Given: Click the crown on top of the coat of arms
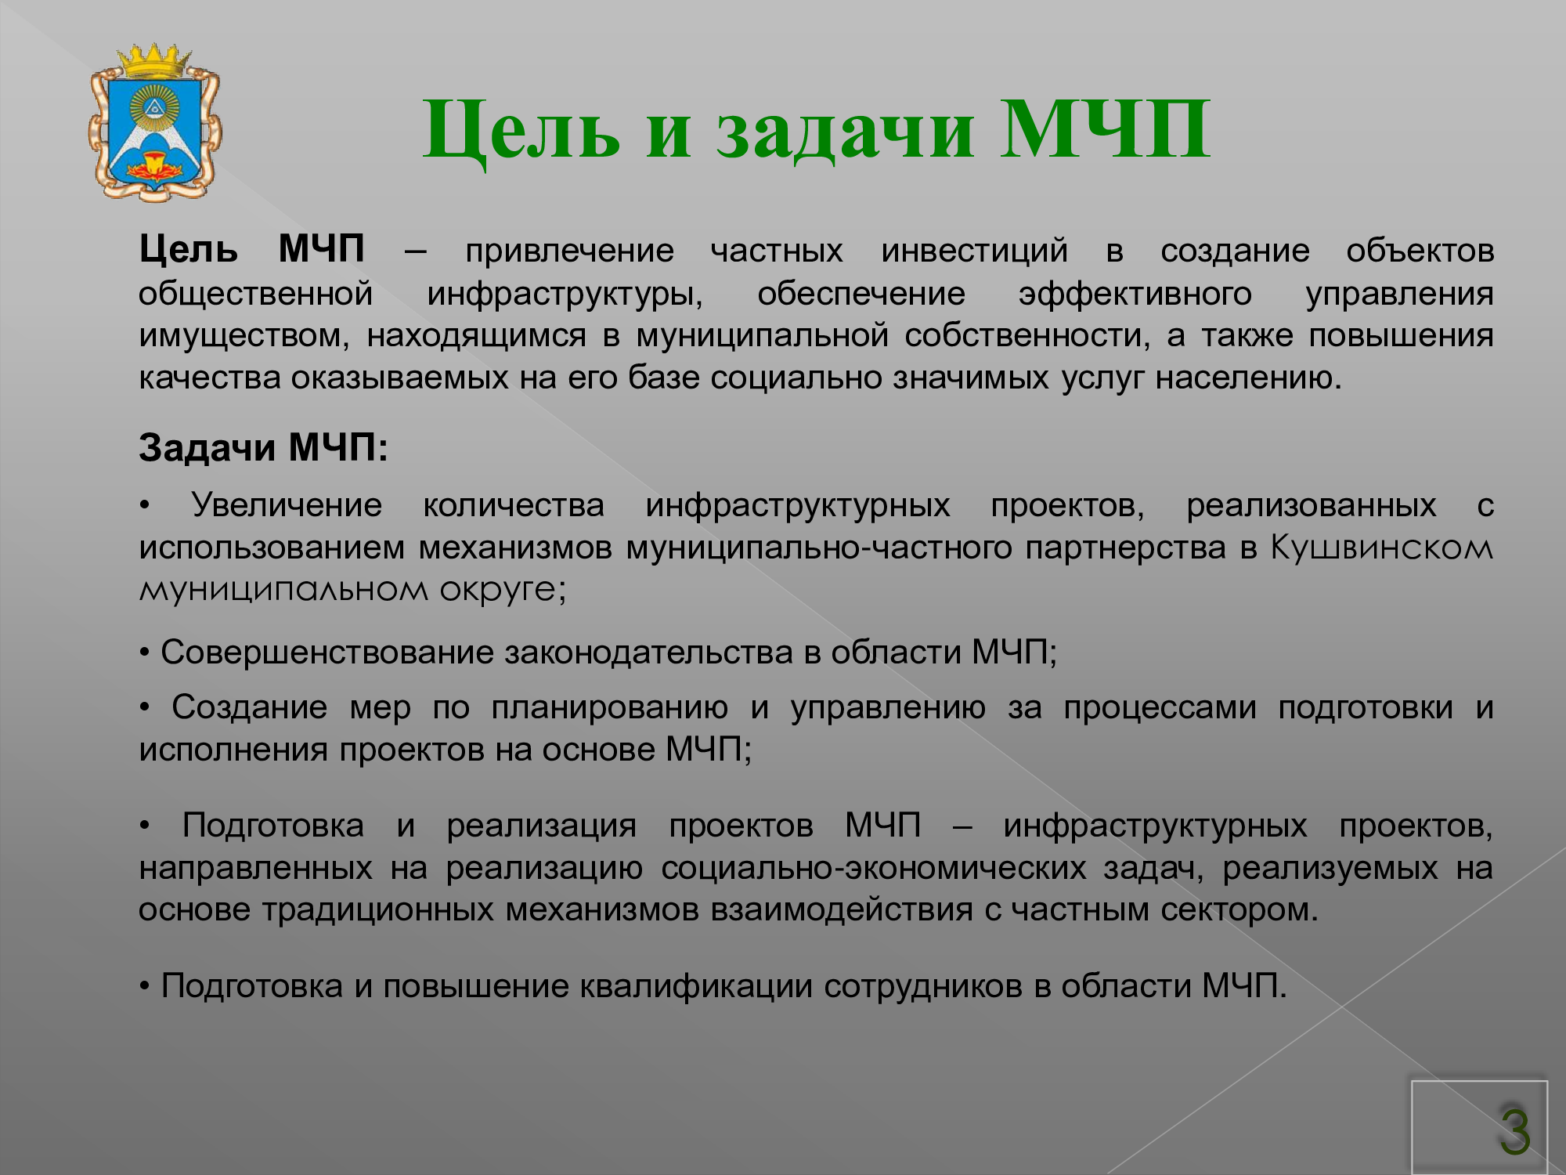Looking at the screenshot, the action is click(154, 60).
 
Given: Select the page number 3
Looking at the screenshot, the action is click(1515, 1131).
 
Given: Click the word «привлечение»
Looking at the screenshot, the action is click(569, 251).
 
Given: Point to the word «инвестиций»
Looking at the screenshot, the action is click(974, 251).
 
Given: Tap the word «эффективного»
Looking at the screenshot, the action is click(1135, 294).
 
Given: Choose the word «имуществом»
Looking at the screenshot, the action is click(243, 336).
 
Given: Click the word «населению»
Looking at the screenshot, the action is click(1249, 378).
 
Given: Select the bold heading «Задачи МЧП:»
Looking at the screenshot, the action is click(263, 448).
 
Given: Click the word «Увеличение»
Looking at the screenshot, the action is click(287, 505).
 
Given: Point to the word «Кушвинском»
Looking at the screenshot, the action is click(1381, 548).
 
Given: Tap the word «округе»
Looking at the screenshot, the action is click(502, 590).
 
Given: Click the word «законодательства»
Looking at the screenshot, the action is click(649, 653).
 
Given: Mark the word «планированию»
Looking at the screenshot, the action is click(609, 708).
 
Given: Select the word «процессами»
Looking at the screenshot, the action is click(1160, 708).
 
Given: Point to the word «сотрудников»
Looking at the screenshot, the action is click(923, 986).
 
